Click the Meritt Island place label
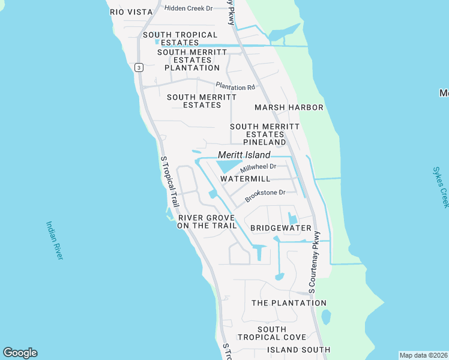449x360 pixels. [x=244, y=155]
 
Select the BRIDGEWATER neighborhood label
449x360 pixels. [x=280, y=228]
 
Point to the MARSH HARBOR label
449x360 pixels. [x=289, y=107]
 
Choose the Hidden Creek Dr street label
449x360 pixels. [x=189, y=8]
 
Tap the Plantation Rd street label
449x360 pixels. [x=235, y=88]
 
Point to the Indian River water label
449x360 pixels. [x=54, y=240]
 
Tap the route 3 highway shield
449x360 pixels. [x=139, y=67]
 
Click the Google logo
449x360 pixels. [x=20, y=353]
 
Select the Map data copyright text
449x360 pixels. [x=423, y=355]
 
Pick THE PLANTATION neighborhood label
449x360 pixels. [x=289, y=303]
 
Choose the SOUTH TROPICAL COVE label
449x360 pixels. [x=272, y=333]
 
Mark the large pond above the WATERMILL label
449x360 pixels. [x=229, y=166]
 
